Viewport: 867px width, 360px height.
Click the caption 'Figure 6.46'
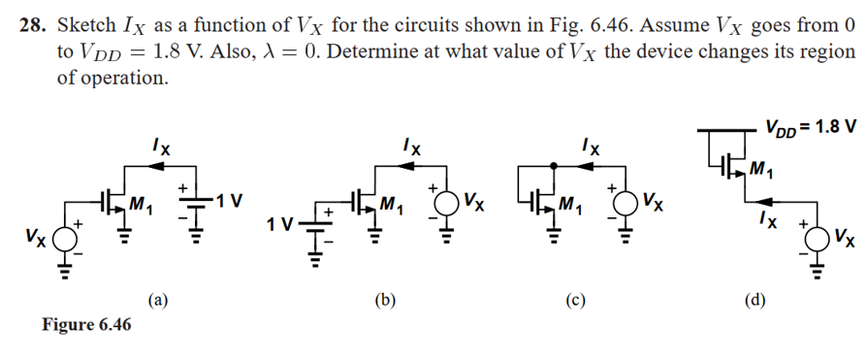point(86,324)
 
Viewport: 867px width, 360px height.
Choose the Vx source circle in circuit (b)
point(445,206)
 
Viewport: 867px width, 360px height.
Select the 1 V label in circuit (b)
point(282,226)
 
